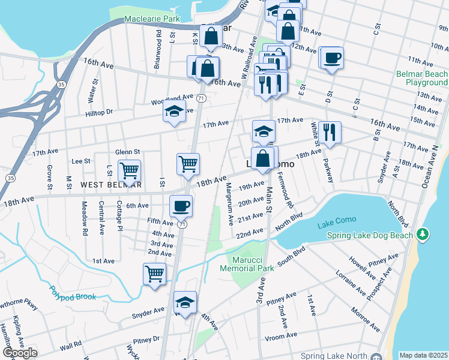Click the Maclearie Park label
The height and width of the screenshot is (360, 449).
152,19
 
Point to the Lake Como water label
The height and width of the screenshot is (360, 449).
335,224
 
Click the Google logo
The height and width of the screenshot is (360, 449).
20,352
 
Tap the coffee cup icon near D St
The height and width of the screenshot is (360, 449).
332,58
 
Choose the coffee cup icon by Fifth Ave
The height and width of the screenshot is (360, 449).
181,206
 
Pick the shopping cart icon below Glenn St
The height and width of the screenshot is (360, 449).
129,170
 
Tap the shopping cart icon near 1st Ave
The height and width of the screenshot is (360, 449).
155,274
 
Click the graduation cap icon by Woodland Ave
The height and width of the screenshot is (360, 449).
174,112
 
